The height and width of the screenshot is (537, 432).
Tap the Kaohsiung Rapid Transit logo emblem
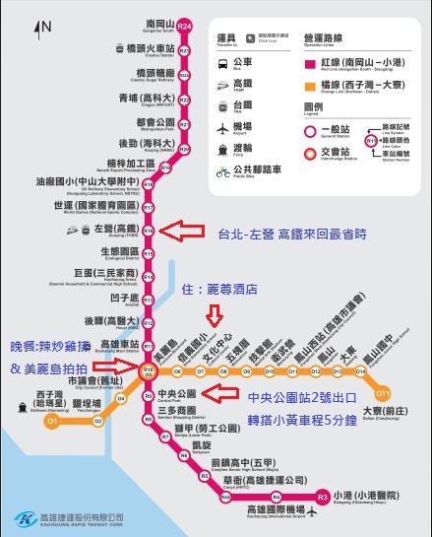click(x=23, y=518)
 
